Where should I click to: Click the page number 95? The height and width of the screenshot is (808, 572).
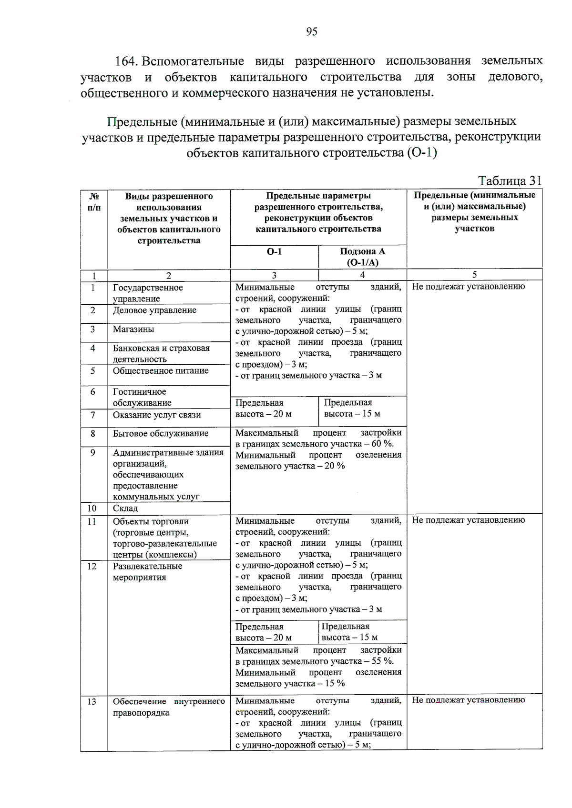(311, 31)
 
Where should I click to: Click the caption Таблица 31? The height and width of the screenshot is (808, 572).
(510, 180)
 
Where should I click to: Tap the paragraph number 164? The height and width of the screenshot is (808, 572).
(126, 61)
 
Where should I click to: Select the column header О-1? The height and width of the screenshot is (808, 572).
(274, 251)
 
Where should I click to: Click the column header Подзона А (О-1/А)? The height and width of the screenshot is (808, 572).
(362, 257)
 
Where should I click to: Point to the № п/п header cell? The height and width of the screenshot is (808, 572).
(94, 202)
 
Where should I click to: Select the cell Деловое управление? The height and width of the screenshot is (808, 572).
(154, 310)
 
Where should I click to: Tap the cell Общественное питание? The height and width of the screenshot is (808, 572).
(161, 370)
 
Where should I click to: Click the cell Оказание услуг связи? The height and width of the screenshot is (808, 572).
(157, 415)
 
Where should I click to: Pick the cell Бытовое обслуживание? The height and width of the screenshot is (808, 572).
(161, 433)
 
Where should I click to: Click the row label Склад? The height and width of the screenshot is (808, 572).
(125, 508)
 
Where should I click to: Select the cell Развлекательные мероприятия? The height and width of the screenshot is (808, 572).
(147, 571)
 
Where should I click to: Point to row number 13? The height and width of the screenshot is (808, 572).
(92, 701)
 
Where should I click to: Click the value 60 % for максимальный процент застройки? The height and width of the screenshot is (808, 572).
(382, 444)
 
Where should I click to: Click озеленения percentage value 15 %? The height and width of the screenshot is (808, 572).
(335, 683)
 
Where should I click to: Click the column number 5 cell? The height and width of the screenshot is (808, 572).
(474, 274)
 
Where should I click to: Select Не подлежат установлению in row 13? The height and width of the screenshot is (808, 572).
(468, 699)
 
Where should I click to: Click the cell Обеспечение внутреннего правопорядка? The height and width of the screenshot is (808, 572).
(169, 707)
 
